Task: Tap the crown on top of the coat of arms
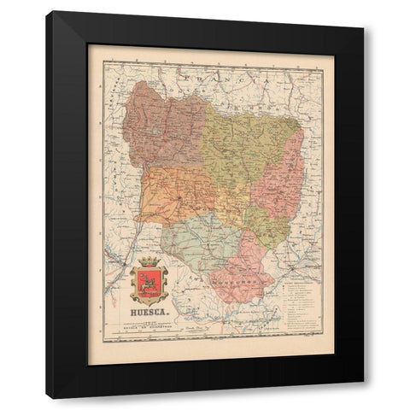pos(149,260)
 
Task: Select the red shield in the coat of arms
pos(149,284)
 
